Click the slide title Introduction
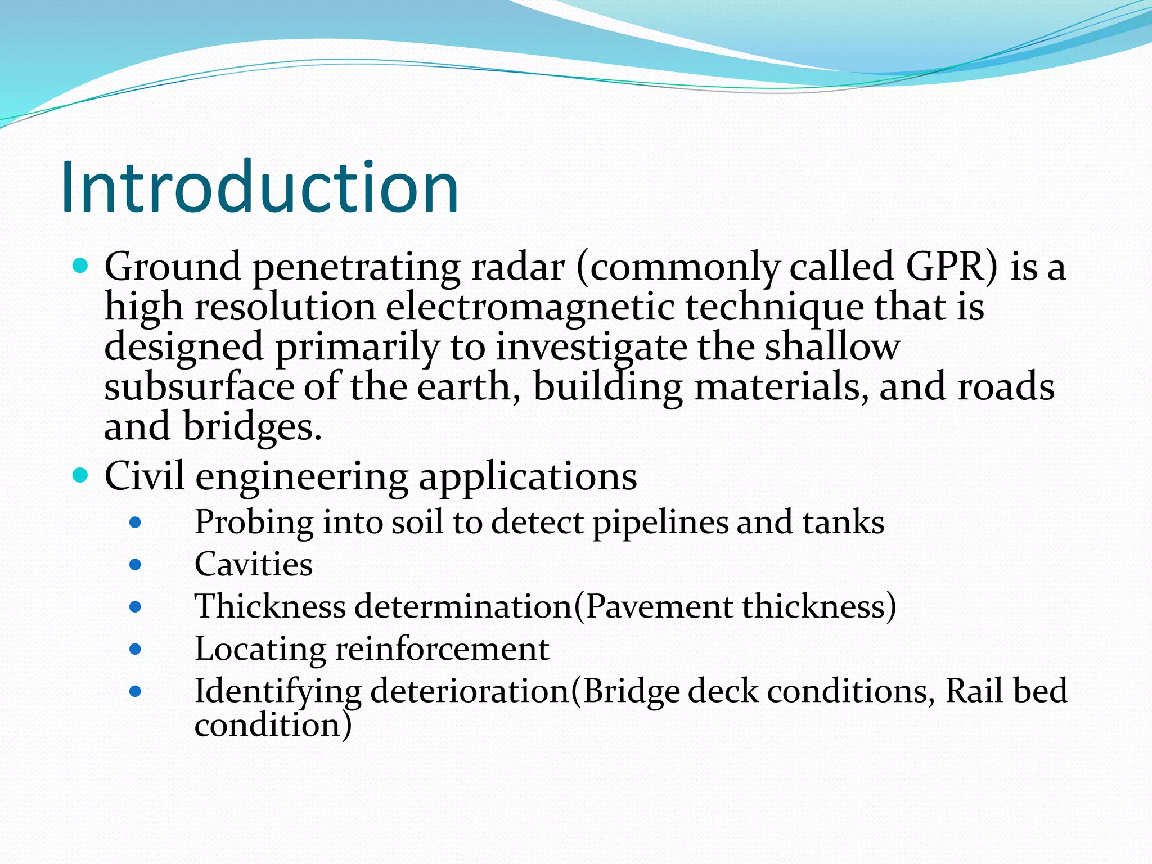click(260, 187)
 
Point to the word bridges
click(252, 426)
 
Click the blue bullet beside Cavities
click(135, 564)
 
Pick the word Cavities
click(254, 564)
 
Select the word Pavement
click(659, 606)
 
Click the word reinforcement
click(442, 649)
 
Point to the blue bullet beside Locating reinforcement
click(135, 650)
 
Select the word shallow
click(832, 347)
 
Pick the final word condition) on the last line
click(273, 724)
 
